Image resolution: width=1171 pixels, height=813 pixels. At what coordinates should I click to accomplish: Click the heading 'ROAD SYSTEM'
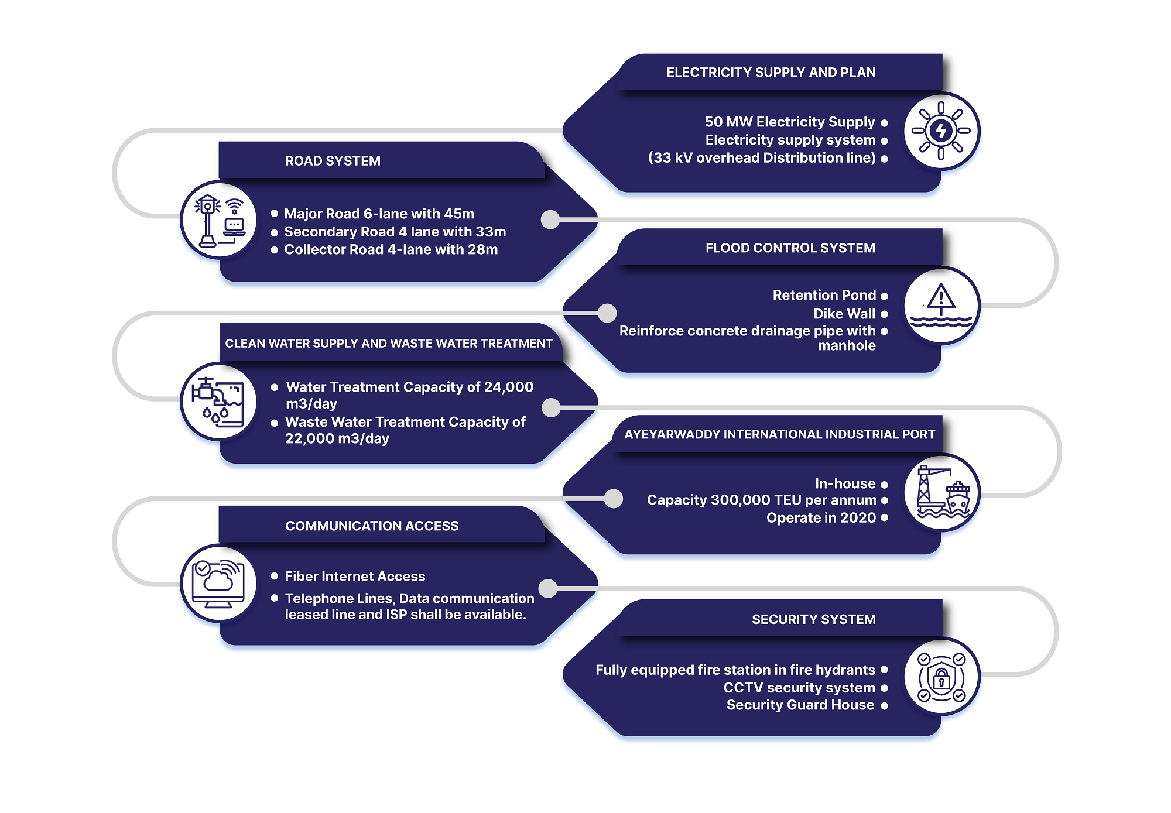click(333, 161)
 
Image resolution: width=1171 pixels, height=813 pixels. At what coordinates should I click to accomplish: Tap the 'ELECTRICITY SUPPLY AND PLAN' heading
click(771, 73)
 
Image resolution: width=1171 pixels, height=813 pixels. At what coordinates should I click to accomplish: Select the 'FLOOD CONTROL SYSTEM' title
click(790, 248)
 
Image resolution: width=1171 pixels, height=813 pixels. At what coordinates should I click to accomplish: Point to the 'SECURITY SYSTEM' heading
click(813, 619)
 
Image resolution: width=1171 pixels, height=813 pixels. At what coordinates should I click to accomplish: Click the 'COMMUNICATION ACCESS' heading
click(372, 526)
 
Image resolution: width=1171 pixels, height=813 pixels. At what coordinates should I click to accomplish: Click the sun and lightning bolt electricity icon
click(941, 131)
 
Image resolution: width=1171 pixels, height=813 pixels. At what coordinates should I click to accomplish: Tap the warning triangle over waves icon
click(941, 305)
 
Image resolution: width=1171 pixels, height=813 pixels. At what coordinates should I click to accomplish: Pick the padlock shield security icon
click(941, 677)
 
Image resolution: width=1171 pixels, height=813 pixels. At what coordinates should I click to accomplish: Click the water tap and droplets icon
click(218, 402)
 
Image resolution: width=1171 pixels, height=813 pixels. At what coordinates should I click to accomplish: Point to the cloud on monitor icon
click(218, 583)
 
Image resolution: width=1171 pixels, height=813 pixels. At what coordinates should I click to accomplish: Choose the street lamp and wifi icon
click(219, 221)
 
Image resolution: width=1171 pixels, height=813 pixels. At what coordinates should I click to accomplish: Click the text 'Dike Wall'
click(844, 314)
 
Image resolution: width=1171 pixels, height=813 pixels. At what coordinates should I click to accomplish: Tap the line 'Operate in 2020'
click(821, 518)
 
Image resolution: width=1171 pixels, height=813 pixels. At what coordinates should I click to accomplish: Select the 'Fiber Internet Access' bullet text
click(355, 577)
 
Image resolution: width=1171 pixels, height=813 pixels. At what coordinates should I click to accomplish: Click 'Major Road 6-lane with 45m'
click(379, 214)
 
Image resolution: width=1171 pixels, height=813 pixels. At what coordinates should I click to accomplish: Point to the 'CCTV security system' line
click(799, 688)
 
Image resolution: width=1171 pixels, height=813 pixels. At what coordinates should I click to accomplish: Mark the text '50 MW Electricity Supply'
click(789, 122)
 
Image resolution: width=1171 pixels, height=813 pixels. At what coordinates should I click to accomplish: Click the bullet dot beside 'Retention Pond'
click(884, 296)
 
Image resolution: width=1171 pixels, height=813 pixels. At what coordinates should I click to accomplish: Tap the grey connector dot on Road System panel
click(550, 219)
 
